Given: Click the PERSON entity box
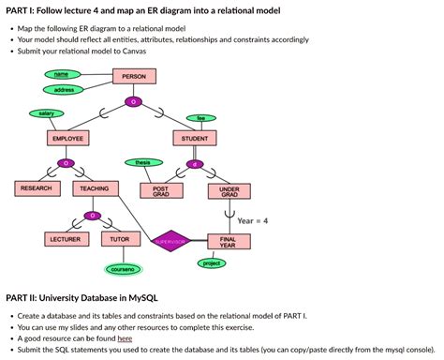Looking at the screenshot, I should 134,76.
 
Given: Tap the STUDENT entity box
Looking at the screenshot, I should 195,138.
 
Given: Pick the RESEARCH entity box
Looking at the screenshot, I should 36,189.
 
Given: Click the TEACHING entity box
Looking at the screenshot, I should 94,189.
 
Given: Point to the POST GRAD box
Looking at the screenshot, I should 161,190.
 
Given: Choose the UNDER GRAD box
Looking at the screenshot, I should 229,190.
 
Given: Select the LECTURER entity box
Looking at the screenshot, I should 65,240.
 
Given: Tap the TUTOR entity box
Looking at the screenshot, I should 120,240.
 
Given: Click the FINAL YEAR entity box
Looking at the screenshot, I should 229,242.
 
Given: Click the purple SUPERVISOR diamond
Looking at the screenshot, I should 171,241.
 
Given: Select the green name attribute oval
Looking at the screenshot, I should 62,73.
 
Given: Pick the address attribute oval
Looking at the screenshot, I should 65,89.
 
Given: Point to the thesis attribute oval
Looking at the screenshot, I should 143,163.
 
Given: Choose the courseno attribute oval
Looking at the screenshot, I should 124,269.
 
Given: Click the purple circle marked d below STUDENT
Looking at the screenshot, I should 195,164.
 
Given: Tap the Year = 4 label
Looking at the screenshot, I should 253,220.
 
